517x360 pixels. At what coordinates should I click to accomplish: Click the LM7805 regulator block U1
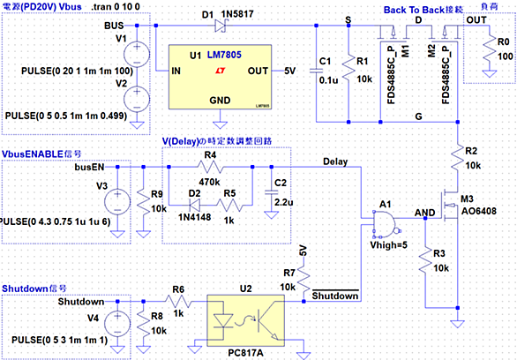[220, 77]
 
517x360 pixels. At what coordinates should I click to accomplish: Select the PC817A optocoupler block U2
[245, 320]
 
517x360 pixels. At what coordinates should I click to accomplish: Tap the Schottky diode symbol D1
[221, 26]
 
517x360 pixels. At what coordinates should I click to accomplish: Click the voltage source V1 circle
[137, 55]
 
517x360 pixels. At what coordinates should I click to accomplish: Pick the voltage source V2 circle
[137, 99]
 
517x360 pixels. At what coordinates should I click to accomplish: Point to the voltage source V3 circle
[117, 202]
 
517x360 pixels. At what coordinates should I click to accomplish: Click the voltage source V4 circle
[117, 324]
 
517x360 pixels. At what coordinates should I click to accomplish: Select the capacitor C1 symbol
[316, 71]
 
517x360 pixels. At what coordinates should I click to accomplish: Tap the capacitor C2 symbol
[272, 192]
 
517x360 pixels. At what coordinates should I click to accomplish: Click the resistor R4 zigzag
[210, 167]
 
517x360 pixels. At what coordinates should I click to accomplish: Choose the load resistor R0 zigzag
[490, 51]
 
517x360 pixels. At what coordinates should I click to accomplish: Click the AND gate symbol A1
[385, 223]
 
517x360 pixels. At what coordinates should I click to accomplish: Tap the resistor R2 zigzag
[457, 159]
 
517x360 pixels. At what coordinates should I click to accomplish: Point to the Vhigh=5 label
[389, 245]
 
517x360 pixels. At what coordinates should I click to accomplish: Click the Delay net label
[335, 161]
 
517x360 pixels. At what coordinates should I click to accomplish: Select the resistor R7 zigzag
[303, 280]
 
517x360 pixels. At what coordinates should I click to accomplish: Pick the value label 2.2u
[283, 202]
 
